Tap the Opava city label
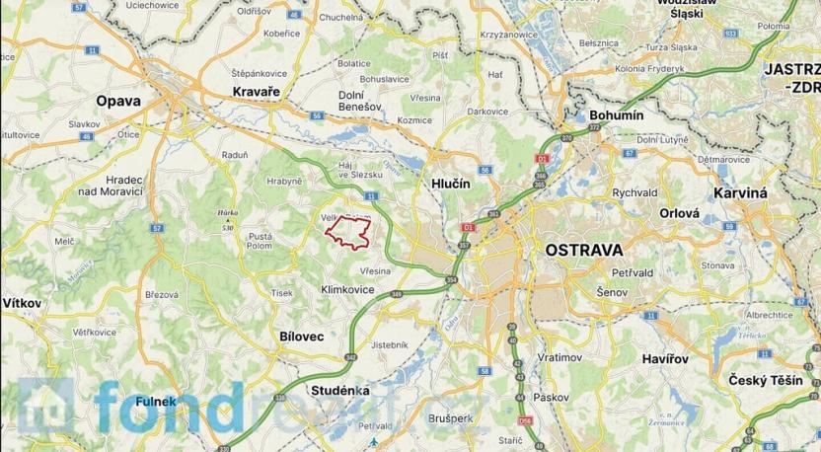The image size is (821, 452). point(117,101)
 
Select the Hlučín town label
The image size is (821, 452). point(448,185)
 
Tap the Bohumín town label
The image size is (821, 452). point(616,115)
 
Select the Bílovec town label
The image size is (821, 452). point(301,337)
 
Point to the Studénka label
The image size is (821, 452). point(339,391)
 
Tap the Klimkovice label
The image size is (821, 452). point(348,290)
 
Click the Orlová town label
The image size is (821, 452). point(680,212)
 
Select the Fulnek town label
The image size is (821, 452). point(129,401)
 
